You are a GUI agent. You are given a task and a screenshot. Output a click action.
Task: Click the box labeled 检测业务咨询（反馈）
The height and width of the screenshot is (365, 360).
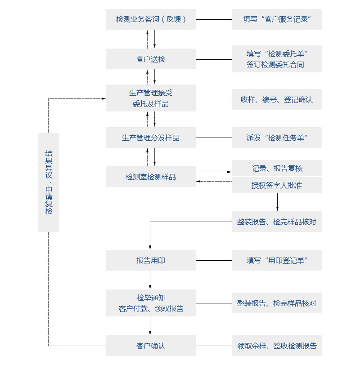pyautogui.click(x=151, y=19)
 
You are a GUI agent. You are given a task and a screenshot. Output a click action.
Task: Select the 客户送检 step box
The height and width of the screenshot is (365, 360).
pyautogui.click(x=151, y=59)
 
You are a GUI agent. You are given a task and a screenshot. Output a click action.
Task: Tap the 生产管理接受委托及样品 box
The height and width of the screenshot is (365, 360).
pyautogui.click(x=151, y=98)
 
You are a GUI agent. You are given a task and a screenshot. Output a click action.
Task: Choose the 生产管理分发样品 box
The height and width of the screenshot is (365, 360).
pyautogui.click(x=151, y=138)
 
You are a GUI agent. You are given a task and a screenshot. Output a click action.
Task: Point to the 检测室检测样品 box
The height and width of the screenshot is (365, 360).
pyautogui.click(x=151, y=177)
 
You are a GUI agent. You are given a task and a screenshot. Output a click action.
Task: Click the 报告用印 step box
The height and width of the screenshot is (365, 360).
pyautogui.click(x=151, y=260)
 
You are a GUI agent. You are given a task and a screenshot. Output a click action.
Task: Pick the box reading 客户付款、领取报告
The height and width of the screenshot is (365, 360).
pyautogui.click(x=151, y=303)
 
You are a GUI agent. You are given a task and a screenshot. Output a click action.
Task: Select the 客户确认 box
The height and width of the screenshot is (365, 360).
pyautogui.click(x=151, y=346)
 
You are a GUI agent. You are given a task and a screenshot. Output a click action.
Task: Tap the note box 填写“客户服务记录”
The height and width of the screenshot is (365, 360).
pyautogui.click(x=277, y=19)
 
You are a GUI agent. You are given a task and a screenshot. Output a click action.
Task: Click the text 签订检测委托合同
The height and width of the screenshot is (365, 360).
pyautogui.click(x=275, y=64)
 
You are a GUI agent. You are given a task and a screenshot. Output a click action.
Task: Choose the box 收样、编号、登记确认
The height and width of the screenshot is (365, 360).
pyautogui.click(x=277, y=99)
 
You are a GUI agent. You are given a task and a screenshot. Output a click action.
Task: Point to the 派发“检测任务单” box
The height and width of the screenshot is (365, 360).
pyautogui.click(x=277, y=138)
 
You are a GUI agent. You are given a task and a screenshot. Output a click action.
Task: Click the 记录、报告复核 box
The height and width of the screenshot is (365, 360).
pyautogui.click(x=277, y=168)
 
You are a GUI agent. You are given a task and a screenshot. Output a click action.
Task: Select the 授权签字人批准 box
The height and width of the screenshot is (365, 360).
pyautogui.click(x=277, y=185)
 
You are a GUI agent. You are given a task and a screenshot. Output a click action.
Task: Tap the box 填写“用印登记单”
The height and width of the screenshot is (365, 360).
pyautogui.click(x=277, y=260)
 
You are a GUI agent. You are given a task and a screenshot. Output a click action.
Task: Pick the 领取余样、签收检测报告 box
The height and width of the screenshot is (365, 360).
pyautogui.click(x=277, y=346)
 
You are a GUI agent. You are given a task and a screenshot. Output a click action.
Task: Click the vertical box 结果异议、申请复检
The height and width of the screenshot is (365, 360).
pyautogui.click(x=49, y=182)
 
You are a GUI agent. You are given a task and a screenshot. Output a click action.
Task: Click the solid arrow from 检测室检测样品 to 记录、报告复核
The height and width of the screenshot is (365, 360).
pyautogui.click(x=214, y=172)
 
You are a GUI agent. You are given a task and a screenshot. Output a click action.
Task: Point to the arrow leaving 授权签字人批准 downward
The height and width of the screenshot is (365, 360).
pyautogui.click(x=277, y=202)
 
